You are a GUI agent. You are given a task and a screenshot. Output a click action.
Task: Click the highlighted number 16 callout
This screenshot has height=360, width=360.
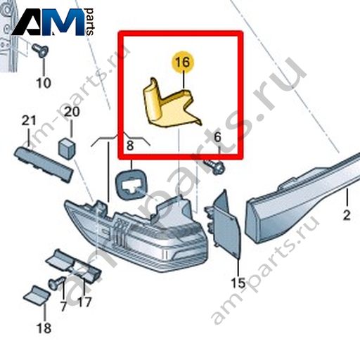[183, 62]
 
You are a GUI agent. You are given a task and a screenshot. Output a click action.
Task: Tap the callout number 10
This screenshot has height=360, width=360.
[44, 83]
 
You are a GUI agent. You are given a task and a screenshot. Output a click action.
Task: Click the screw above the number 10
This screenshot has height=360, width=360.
[40, 51]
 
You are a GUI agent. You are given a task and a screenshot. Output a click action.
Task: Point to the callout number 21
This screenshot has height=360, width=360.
[29, 121]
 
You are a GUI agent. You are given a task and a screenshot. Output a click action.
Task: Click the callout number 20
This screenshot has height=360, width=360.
[72, 112]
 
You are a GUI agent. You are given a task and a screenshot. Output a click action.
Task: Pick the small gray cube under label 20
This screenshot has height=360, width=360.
[67, 148]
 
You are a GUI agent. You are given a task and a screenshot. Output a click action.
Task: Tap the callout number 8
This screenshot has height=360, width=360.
[130, 146]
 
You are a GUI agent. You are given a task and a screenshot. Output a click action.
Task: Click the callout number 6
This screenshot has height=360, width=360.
[217, 137]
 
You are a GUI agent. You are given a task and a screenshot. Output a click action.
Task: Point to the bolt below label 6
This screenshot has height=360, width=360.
[214, 166]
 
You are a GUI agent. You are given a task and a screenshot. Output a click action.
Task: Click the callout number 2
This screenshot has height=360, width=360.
[347, 215]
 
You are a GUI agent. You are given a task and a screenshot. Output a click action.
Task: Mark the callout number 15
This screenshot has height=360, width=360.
[238, 283]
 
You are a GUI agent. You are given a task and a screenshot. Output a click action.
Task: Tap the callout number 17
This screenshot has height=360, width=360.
[84, 302]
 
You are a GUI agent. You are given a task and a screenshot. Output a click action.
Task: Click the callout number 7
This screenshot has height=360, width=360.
[63, 306]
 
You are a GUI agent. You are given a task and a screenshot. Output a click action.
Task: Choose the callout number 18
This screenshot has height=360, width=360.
[44, 328]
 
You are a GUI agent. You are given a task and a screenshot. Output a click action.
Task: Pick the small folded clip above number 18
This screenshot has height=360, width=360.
[37, 295]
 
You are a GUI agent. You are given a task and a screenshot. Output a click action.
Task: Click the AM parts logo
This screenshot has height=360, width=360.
[53, 22]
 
